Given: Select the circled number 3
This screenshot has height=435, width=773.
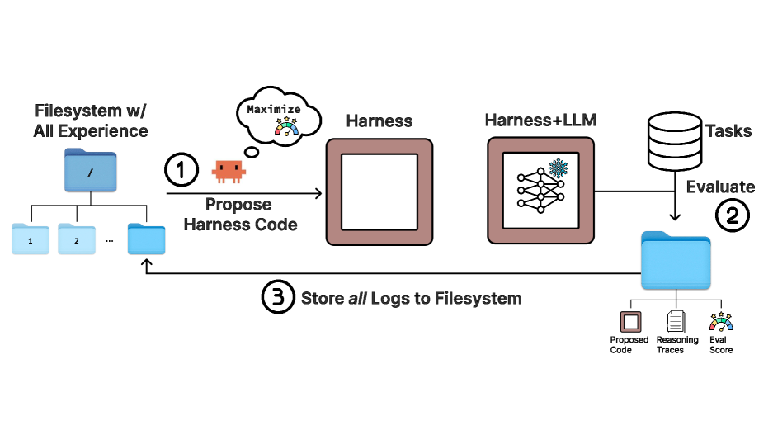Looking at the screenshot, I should point(278,297).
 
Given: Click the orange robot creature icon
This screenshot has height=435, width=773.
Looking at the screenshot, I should point(229,170).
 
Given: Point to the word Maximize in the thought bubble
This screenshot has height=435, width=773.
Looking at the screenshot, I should point(274,110).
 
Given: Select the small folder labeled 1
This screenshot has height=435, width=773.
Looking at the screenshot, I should point(31,239).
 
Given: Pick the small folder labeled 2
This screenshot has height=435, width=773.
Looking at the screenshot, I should point(76,239).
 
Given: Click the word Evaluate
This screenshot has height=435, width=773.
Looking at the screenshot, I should point(720,187).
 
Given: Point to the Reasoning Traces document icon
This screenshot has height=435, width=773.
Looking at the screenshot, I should point(676,322).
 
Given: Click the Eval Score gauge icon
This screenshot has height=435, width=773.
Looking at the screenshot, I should point(720,321).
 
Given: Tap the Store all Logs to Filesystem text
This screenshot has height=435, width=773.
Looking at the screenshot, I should point(411,298).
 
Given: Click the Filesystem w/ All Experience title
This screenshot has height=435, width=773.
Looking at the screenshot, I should point(91,121).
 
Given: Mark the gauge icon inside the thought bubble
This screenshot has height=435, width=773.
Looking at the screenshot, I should point(288,126).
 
